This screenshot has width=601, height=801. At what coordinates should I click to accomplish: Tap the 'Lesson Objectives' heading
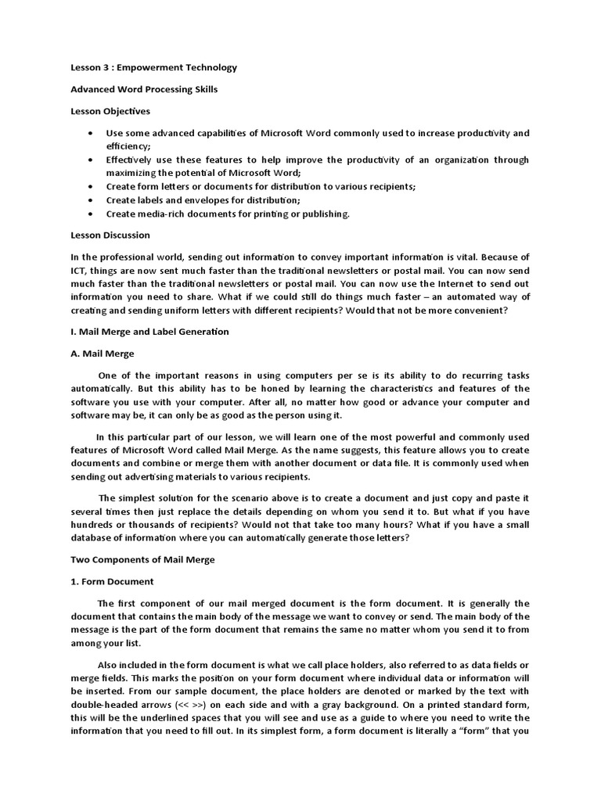pos(110,111)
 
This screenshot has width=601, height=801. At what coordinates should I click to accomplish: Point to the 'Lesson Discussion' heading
pos(110,235)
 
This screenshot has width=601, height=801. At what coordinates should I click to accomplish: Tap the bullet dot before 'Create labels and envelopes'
pos(92,200)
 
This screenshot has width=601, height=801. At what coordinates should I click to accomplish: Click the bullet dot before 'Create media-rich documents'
pos(92,214)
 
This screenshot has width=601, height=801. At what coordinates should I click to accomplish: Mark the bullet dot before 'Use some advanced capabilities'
pos(92,133)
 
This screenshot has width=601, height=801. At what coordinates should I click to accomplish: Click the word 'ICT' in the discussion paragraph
pos(78,271)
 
